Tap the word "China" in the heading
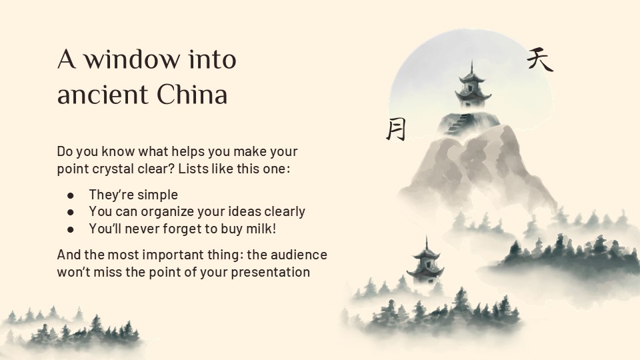pos(193,95)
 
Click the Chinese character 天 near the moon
pos(539,60)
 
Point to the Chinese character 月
pos(395,129)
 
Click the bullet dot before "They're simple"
pos(71,195)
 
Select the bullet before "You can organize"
pos(71,212)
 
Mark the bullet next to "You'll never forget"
pos(71,229)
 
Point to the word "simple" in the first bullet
pos(157,195)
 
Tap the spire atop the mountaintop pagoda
pos(473,66)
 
